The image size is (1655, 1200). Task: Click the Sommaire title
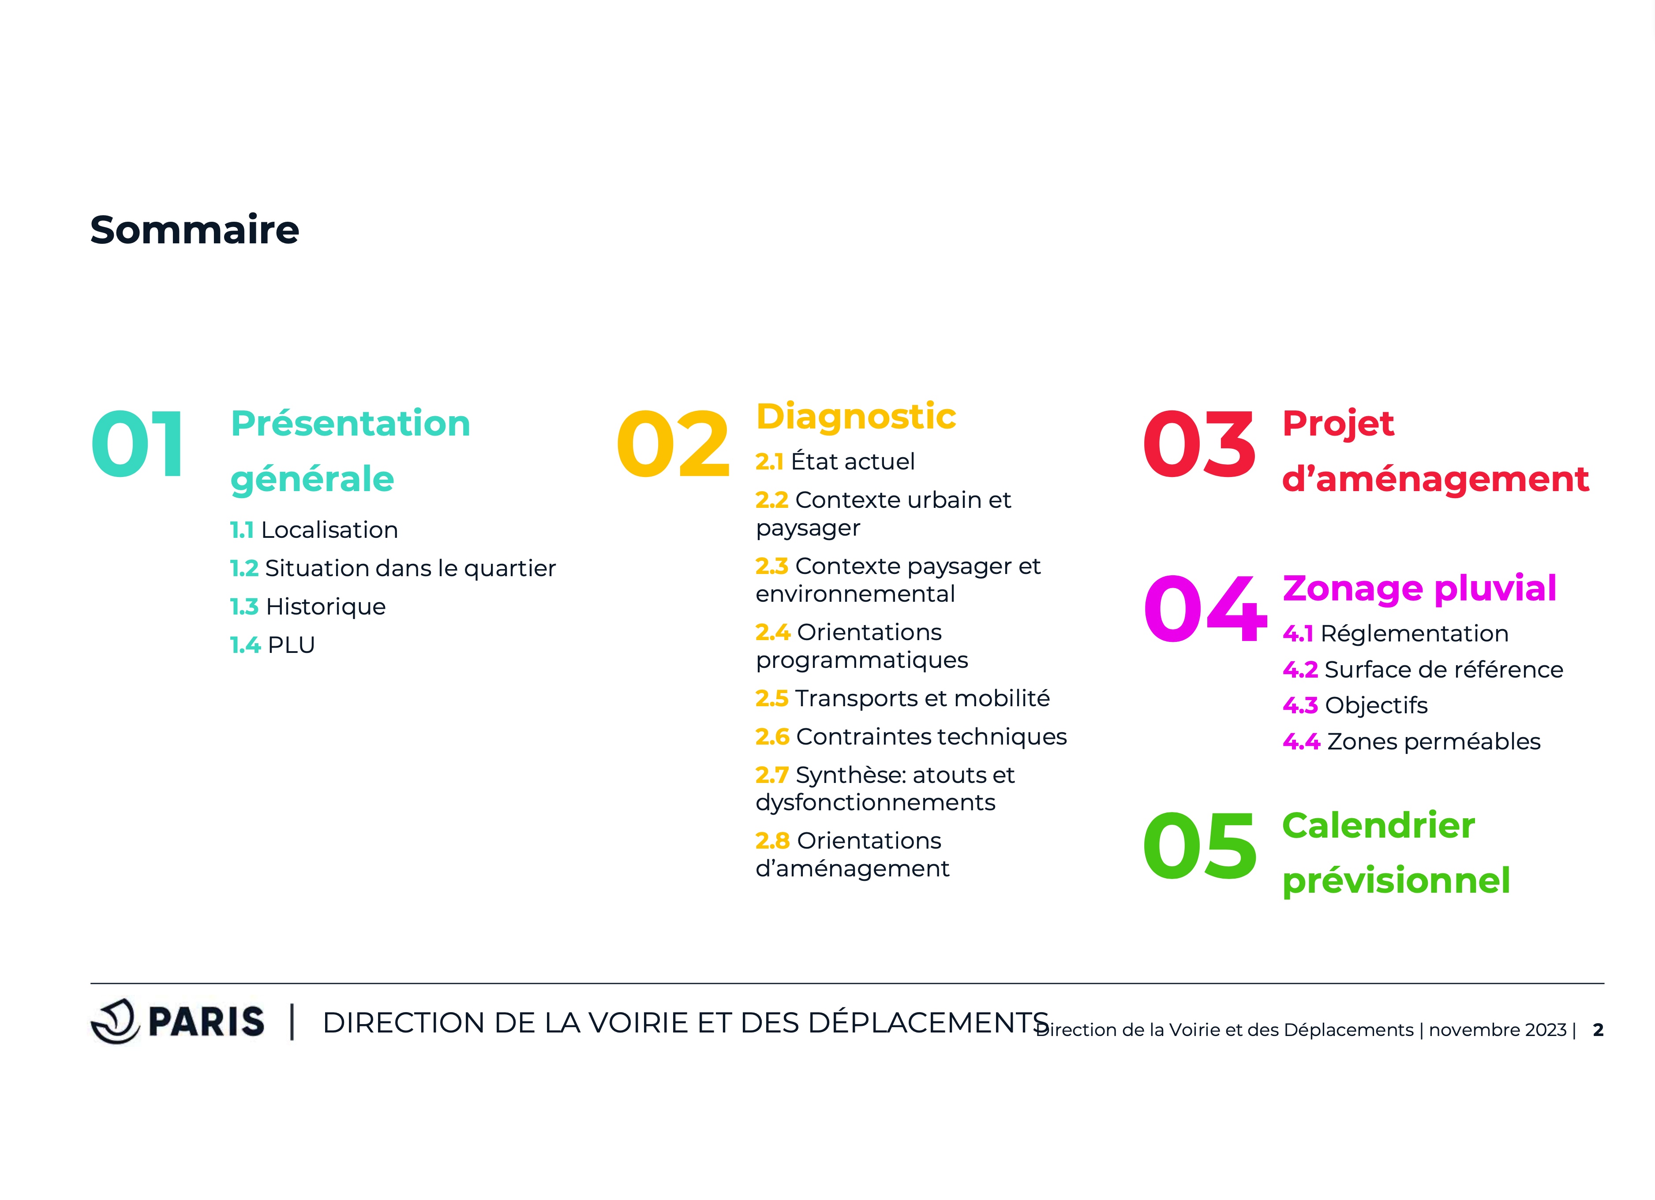click(195, 230)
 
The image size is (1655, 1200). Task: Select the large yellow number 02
click(673, 444)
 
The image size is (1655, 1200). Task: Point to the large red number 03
click(1200, 444)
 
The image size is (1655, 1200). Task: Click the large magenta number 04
click(1205, 608)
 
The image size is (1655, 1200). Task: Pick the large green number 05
click(1200, 846)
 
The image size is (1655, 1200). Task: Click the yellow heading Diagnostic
click(856, 417)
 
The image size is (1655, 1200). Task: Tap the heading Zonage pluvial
click(1419, 589)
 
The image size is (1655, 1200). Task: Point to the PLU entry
click(291, 645)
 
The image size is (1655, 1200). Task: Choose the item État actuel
click(853, 461)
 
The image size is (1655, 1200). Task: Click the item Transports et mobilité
click(922, 698)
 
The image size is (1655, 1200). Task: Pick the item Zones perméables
click(1434, 742)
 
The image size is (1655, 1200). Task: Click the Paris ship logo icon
click(115, 1021)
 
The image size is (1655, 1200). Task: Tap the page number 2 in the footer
click(1598, 1030)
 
